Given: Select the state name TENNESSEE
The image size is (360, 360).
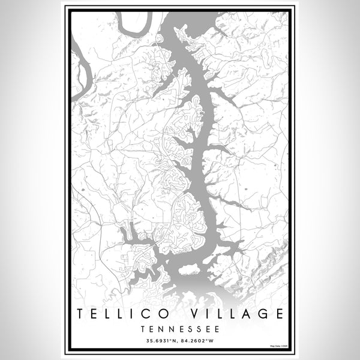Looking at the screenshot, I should point(179,329).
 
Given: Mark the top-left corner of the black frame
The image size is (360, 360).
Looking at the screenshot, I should point(68,8).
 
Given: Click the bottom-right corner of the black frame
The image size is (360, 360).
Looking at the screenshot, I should point(292,352).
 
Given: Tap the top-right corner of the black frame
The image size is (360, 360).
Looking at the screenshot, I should point(292,8).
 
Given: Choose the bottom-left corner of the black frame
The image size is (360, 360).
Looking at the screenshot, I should point(68,352).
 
